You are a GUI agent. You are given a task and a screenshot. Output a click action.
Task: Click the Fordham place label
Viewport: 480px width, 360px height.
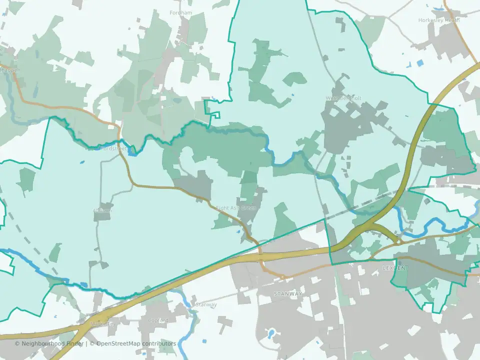180,12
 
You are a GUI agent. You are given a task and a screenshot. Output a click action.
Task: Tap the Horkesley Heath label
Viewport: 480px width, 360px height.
438,20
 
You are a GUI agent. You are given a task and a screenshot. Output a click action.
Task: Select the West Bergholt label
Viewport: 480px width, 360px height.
343,98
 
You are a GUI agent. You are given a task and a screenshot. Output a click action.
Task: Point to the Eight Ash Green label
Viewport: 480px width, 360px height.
235,208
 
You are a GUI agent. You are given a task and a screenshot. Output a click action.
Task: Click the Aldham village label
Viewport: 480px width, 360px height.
102,210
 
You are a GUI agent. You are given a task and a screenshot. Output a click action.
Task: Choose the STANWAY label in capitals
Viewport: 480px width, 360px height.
288,293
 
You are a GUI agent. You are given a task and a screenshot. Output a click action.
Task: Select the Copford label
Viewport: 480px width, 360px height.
158,320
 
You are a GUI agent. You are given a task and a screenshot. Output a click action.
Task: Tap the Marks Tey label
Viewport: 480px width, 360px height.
103,324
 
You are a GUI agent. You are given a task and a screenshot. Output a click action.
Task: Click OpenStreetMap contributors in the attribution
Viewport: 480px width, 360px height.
136,343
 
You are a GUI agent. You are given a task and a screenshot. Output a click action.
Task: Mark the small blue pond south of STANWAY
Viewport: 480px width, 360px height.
270,333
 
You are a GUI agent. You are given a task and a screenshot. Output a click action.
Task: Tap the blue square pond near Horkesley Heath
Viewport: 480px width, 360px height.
419,63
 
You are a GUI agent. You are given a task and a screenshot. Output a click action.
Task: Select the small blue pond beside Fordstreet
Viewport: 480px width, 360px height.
131,153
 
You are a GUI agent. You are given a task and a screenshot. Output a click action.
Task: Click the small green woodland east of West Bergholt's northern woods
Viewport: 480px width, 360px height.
295,78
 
